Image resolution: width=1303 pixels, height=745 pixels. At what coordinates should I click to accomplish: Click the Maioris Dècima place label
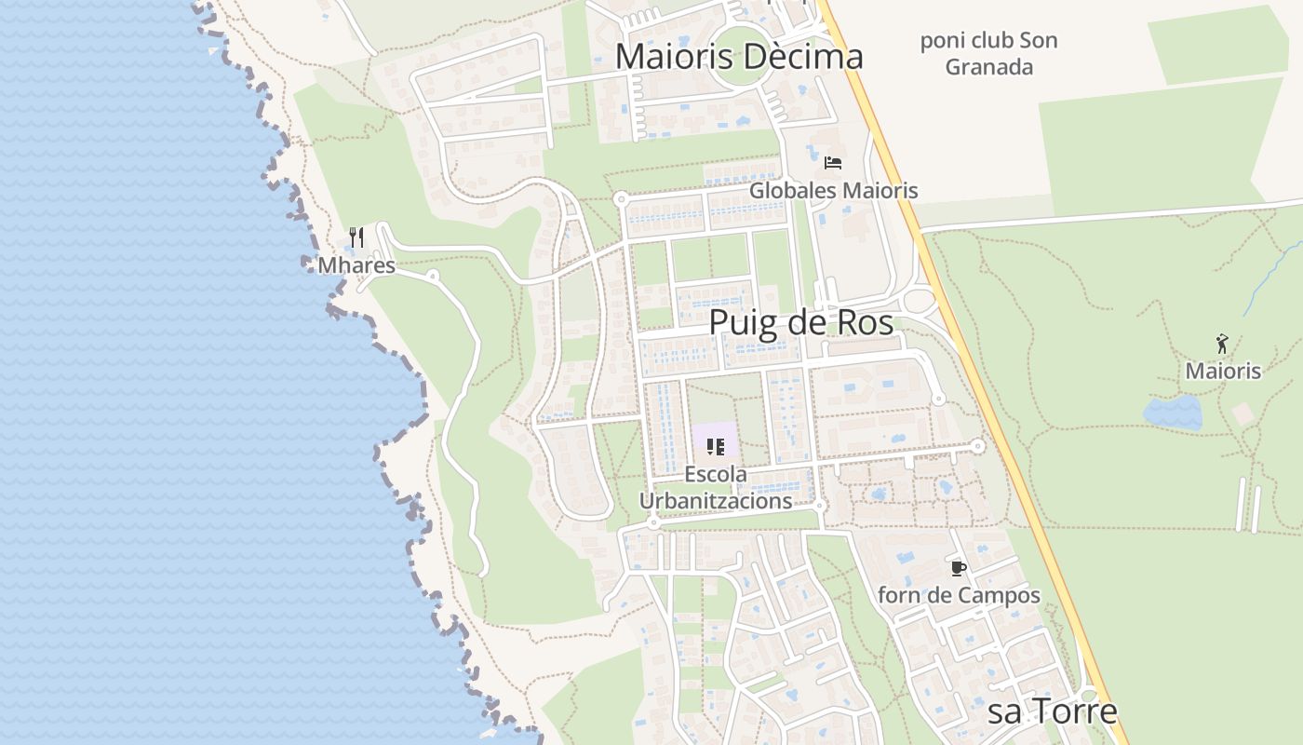(x=739, y=56)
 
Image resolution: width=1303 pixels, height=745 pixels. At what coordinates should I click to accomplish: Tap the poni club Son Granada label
(x=988, y=54)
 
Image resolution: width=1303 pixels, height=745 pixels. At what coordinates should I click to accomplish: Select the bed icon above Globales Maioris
(x=833, y=163)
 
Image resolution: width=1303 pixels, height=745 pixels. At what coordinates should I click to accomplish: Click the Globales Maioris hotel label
(x=833, y=191)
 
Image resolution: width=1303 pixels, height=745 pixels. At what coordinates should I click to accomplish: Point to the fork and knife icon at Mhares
(x=356, y=237)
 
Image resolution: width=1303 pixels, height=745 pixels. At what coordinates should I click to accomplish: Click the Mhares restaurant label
(x=356, y=266)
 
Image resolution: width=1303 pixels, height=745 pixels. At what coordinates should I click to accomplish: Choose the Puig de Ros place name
(x=800, y=323)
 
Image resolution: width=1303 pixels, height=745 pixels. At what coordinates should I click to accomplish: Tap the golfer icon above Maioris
(x=1222, y=345)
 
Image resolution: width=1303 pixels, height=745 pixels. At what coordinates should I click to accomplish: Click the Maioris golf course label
(x=1222, y=372)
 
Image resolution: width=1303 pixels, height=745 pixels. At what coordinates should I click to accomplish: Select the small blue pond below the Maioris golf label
(x=1173, y=413)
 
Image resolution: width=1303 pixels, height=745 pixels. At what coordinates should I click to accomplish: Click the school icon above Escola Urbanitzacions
(x=715, y=447)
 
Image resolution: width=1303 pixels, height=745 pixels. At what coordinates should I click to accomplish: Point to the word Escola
(x=715, y=474)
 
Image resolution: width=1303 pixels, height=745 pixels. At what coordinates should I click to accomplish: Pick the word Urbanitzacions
(x=715, y=501)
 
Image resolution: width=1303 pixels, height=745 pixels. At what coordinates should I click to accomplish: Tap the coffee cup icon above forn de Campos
(x=959, y=568)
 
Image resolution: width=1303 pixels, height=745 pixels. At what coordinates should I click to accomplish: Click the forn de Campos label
(x=959, y=595)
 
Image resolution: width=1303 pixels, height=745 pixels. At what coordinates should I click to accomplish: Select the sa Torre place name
(x=1052, y=711)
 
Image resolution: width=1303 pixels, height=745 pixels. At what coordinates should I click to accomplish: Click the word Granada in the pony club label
(x=988, y=67)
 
